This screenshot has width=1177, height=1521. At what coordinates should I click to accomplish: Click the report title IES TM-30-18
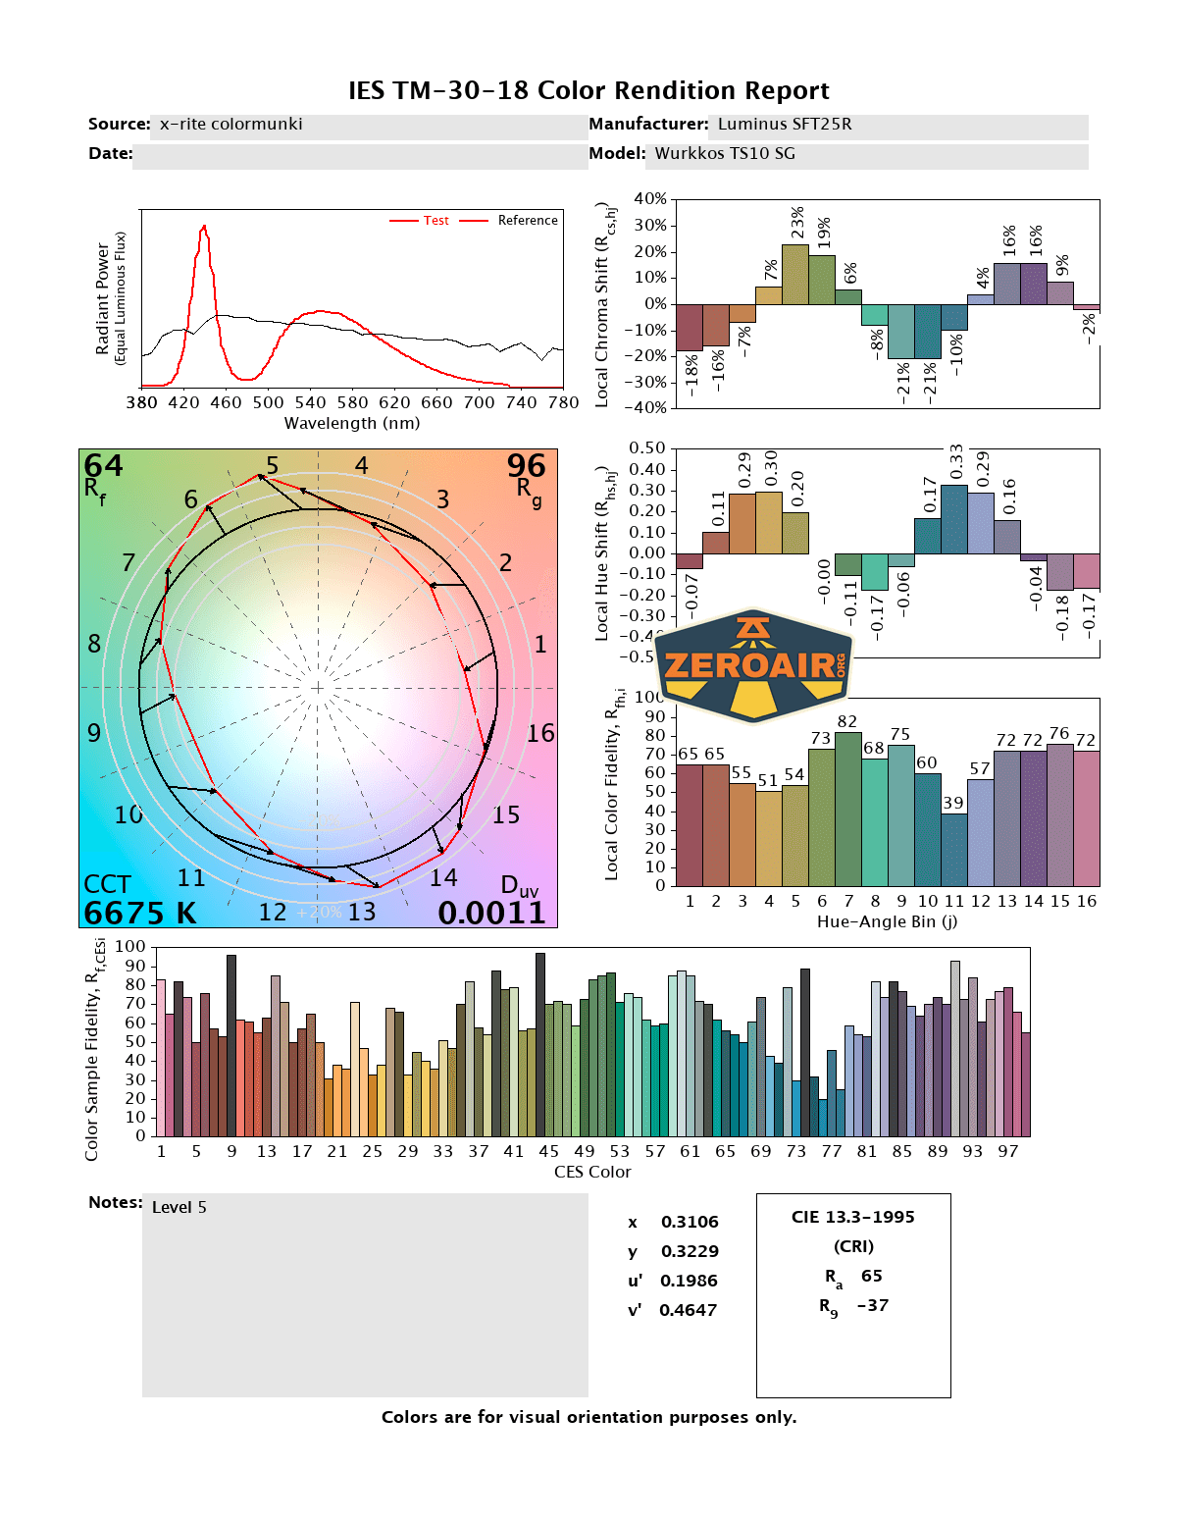pos(588,91)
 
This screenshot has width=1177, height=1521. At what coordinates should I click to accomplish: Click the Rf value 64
pos(103,465)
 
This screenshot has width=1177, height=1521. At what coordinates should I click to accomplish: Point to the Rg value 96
pos(526,465)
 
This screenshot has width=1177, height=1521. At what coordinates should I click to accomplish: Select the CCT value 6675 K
pos(139,913)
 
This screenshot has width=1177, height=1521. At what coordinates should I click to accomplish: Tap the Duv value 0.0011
pos(491,913)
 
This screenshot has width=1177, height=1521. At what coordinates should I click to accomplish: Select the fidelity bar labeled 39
pos(954,849)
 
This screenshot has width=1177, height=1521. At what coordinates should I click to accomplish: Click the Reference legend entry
pos(527,221)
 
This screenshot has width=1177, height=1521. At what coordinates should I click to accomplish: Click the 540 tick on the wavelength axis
pos(310,402)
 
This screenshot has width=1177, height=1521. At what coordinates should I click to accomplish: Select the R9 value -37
pos(872,1305)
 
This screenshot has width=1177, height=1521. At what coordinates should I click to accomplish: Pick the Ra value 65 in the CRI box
pos(871,1276)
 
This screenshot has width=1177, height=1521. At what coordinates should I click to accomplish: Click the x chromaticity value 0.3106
pos(690,1222)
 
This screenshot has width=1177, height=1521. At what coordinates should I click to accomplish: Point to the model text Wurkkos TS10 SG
pos(725,154)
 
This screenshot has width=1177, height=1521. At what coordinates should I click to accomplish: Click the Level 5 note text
pos(179,1207)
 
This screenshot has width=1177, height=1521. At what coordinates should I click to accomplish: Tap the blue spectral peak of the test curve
pos(204,228)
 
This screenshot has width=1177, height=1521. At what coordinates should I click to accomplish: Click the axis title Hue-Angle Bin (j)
pos(887,921)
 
